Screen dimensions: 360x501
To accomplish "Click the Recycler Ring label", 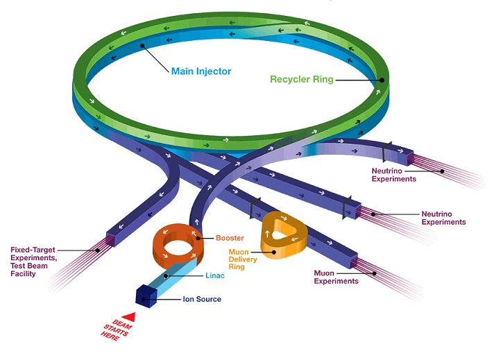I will click(301, 80).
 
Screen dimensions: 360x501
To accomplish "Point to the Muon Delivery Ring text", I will click(242, 259).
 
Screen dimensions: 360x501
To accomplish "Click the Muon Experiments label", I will click(336, 277).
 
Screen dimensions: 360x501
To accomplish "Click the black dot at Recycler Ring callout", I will click(381, 80).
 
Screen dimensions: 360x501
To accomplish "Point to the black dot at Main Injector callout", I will click(142, 46).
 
